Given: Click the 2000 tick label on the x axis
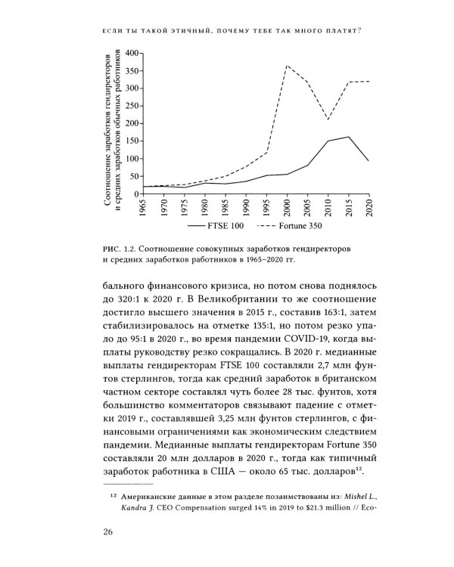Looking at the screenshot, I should (288, 208).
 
